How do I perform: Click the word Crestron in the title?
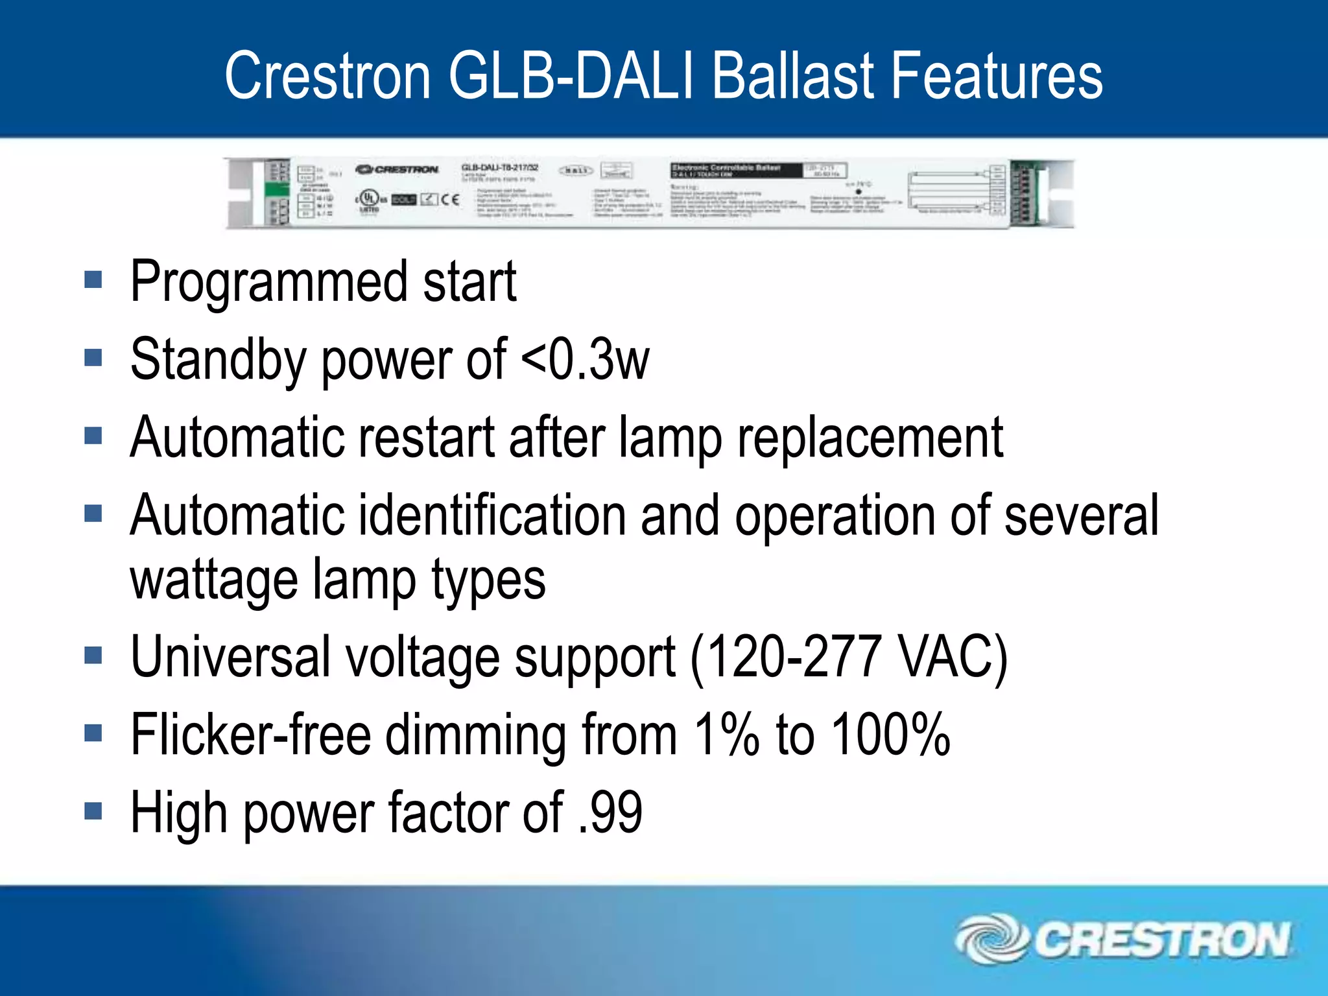[327, 77]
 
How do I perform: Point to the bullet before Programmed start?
[93, 280]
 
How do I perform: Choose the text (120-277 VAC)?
[849, 658]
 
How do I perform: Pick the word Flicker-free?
[250, 735]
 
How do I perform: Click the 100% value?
[891, 735]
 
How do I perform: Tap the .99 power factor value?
[610, 812]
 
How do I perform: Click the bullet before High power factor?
[93, 811]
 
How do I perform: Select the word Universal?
[230, 658]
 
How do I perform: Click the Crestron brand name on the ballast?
[397, 170]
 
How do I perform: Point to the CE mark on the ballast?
[450, 199]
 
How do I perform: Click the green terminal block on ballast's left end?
[278, 190]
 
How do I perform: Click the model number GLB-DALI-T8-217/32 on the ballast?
[499, 168]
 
